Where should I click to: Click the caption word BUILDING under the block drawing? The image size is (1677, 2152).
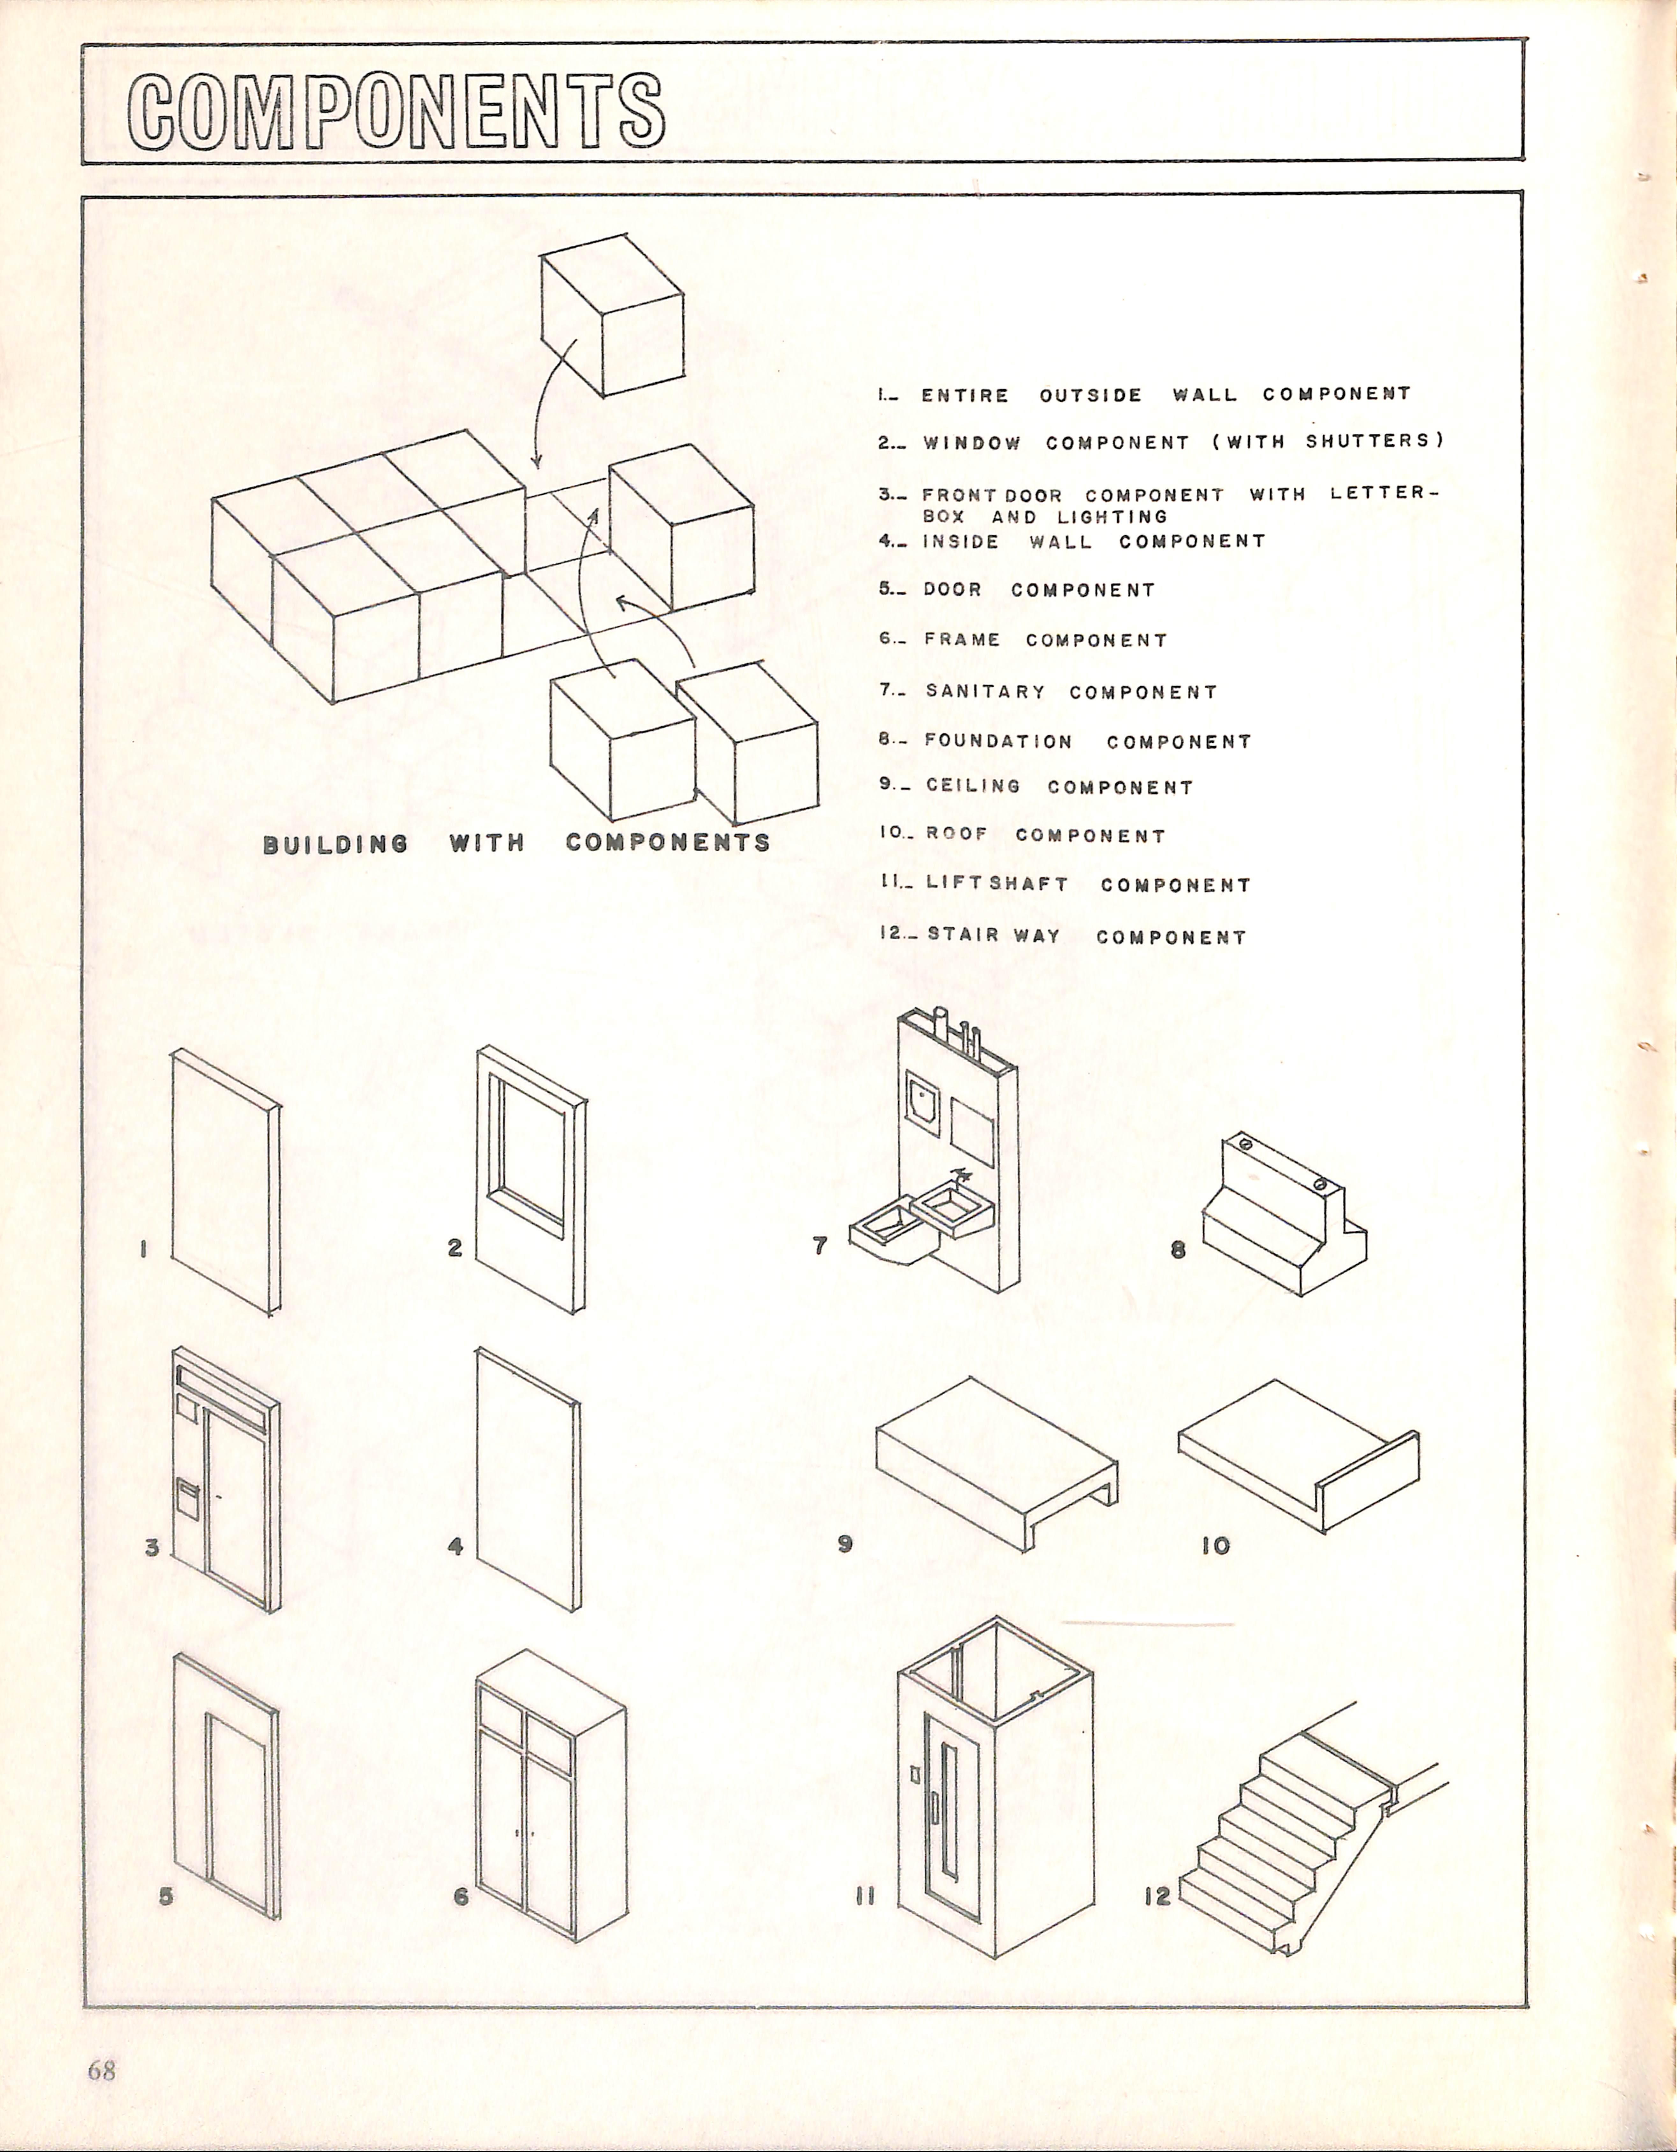[x=335, y=843]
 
